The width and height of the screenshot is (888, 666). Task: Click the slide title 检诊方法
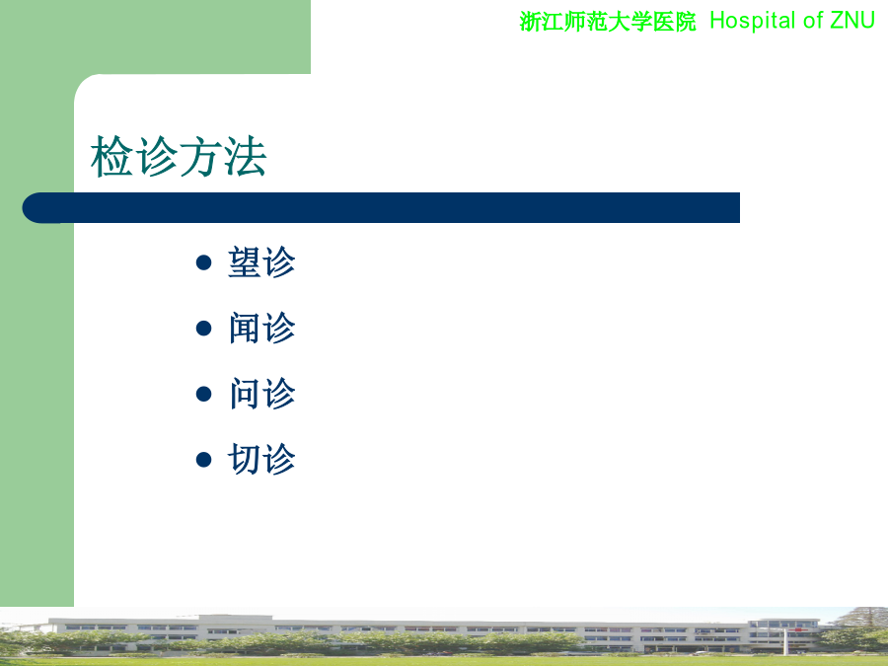click(x=179, y=156)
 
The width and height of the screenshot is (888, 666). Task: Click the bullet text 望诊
click(x=261, y=262)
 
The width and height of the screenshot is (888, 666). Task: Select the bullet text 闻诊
click(x=261, y=328)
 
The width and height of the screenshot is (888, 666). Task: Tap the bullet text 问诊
click(x=261, y=394)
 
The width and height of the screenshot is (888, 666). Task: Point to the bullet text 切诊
click(x=261, y=459)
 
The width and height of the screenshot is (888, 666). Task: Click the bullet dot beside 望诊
click(x=203, y=262)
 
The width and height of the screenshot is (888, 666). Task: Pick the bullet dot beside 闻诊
click(x=203, y=329)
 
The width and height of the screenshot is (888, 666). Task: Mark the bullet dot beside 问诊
click(x=203, y=394)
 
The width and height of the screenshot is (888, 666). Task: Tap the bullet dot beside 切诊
click(x=203, y=459)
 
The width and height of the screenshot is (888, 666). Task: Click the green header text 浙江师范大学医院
click(x=608, y=22)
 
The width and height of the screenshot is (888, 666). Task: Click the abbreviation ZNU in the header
click(x=852, y=21)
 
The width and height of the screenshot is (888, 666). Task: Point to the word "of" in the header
click(x=813, y=21)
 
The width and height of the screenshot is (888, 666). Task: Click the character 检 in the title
click(x=112, y=156)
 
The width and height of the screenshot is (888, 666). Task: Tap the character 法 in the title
click(x=246, y=156)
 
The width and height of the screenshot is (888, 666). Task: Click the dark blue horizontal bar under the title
click(x=381, y=208)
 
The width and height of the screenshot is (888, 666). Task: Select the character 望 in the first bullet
click(x=245, y=262)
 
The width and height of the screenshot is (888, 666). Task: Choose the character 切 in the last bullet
click(x=245, y=459)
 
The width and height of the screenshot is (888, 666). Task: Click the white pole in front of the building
click(x=785, y=641)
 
